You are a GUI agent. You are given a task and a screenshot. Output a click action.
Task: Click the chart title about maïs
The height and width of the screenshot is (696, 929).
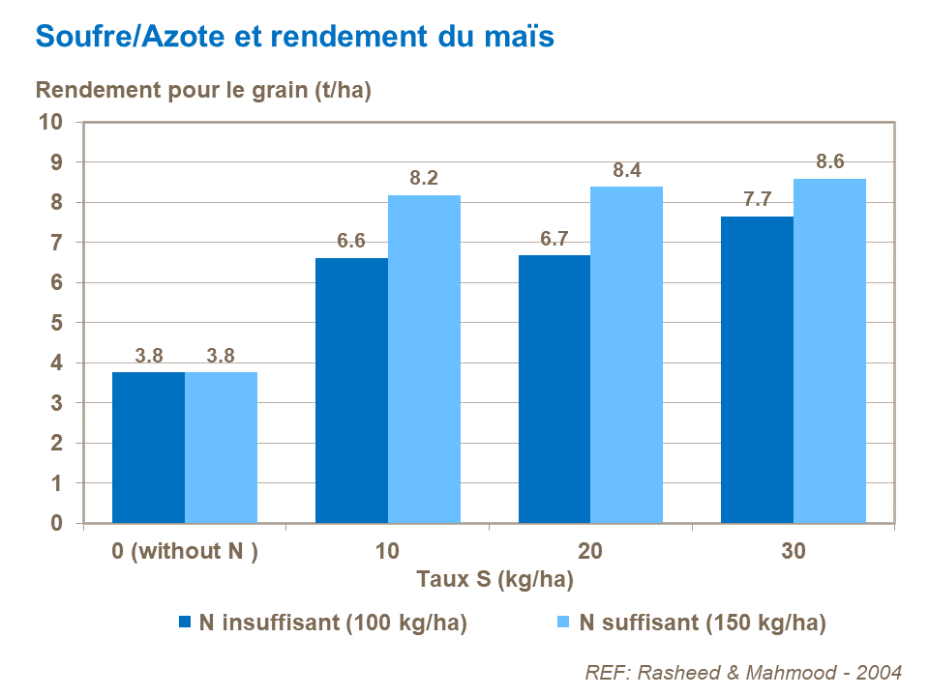(294, 37)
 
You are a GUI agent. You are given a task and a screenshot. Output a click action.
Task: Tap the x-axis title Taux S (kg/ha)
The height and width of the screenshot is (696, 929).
(494, 580)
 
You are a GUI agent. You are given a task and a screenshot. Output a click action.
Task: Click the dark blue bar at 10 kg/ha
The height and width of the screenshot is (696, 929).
(351, 391)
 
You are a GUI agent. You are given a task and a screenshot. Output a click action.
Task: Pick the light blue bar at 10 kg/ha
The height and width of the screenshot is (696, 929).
(424, 359)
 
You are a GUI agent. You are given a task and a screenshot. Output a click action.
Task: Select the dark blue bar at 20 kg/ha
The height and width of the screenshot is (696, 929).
(554, 389)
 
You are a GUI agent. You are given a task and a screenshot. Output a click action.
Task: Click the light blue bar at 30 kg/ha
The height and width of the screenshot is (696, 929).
(829, 351)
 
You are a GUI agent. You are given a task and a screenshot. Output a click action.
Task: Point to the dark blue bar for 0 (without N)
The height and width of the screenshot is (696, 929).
(148, 448)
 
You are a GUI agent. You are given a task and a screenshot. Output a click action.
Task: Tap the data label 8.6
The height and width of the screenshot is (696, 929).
(830, 162)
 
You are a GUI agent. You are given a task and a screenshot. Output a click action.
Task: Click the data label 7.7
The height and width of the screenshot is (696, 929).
(757, 200)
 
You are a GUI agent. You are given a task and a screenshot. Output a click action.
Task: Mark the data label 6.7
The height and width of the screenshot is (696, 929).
(554, 239)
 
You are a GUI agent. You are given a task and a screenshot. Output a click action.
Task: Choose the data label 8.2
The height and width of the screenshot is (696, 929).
(424, 179)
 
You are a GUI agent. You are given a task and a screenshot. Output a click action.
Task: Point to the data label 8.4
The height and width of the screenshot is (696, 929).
(627, 170)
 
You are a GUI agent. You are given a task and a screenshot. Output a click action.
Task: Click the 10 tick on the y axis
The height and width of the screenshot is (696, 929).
(50, 122)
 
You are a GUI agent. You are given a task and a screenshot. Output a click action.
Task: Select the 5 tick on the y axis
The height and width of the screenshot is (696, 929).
(56, 323)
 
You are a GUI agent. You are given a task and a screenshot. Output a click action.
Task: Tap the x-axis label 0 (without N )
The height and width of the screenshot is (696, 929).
(185, 552)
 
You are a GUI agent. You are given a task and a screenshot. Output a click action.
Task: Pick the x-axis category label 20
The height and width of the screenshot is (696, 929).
(590, 552)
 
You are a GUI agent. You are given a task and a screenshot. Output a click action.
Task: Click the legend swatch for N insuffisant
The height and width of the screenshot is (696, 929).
(185, 623)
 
